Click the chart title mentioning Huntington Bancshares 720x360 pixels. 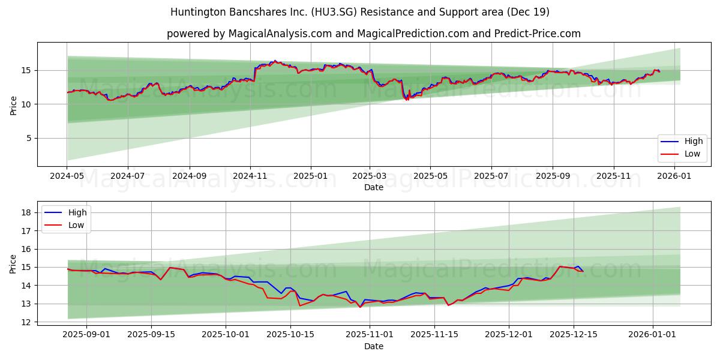pyautogui.click(x=360, y=12)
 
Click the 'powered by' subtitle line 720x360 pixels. pyautogui.click(x=373, y=34)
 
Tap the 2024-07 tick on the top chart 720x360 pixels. pyautogui.click(x=128, y=177)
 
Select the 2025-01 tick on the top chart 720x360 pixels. pyautogui.click(x=311, y=177)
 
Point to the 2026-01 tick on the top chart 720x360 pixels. pyautogui.click(x=675, y=177)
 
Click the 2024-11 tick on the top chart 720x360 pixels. pyautogui.click(x=250, y=177)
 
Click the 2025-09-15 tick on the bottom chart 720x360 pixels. pyautogui.click(x=151, y=335)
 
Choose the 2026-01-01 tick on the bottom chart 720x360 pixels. pyautogui.click(x=653, y=335)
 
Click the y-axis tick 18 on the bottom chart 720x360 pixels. pyautogui.click(x=27, y=212)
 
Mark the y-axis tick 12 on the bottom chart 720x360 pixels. pyautogui.click(x=27, y=322)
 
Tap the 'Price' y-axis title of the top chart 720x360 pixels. pyautogui.click(x=14, y=104)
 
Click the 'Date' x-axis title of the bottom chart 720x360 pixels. pyautogui.click(x=373, y=346)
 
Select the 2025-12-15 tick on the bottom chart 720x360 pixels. pyautogui.click(x=574, y=335)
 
